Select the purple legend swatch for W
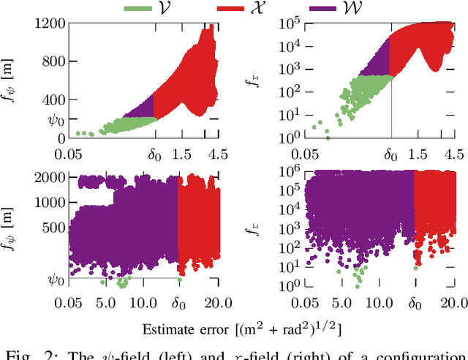point(341,9)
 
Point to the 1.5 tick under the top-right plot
point(418,154)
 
